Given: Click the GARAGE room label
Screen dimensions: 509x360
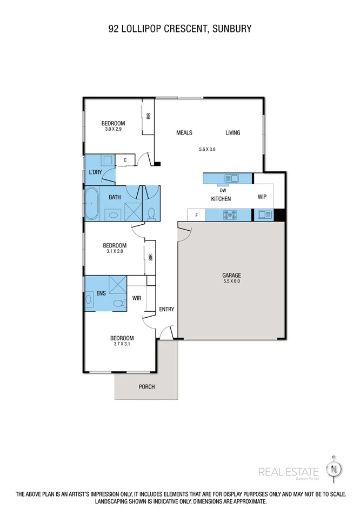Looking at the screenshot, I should point(231,275).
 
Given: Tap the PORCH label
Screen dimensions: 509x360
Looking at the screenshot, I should point(146,386).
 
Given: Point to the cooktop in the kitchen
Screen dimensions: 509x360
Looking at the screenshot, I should point(230,215).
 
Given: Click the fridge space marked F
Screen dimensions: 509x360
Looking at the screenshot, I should point(196,215).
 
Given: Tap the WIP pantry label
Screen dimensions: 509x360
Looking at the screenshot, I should point(262,197).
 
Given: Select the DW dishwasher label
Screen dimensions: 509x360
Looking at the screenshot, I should point(223,190).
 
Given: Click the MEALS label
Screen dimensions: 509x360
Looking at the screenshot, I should point(184,133).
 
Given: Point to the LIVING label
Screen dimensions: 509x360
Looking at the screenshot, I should point(233,133).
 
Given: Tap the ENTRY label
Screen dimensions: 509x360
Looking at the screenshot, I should point(166,309).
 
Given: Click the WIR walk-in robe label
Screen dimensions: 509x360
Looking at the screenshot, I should point(137,298).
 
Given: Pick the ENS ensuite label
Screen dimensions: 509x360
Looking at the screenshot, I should point(101,293).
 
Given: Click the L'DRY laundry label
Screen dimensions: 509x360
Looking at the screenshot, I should point(95,172).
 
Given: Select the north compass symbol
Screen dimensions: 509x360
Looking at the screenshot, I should point(335,468).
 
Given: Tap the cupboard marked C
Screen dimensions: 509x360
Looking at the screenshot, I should point(125,160).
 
